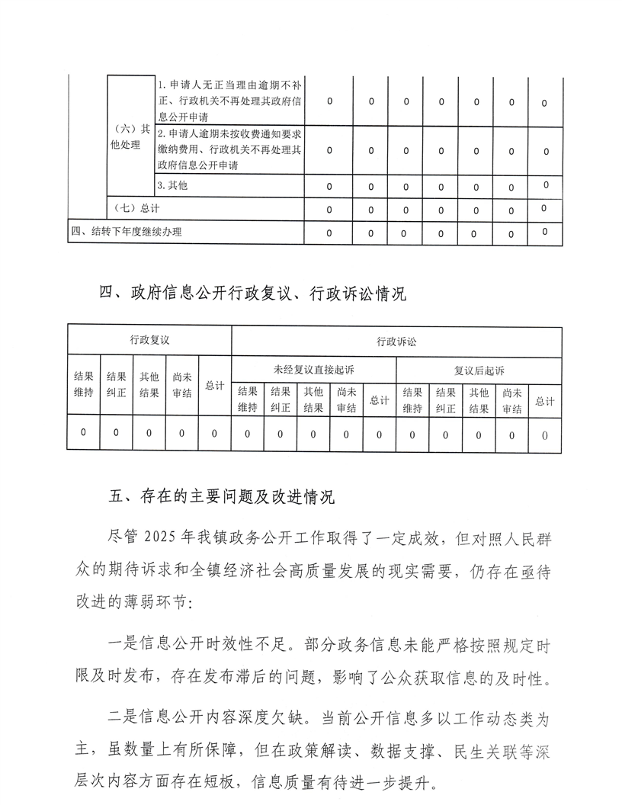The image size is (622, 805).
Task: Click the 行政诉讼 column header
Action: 396,342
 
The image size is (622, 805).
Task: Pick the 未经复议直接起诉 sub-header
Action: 313,370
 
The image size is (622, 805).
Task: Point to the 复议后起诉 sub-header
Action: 479,370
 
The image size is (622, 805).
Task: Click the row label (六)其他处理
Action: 130,137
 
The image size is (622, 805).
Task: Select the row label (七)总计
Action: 136,207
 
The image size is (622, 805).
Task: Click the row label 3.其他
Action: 172,185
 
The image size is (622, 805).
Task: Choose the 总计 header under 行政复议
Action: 214,385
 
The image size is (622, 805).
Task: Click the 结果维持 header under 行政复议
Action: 83,385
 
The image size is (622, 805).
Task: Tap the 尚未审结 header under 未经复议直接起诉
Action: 346,400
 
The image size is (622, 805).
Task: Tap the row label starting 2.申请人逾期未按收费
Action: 229,149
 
